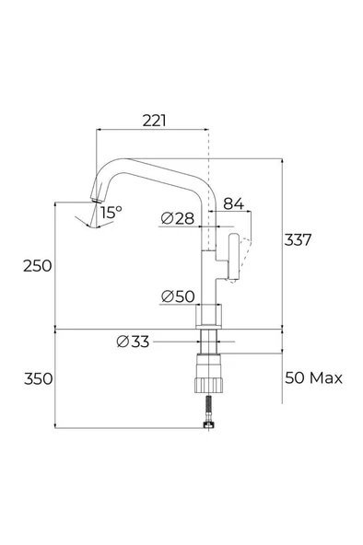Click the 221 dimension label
click(155, 121)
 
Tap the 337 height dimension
click(298, 240)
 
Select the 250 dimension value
click(38, 266)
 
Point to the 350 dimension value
click(39, 378)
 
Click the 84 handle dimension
click(234, 203)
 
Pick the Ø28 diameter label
click(178, 218)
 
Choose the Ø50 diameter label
click(178, 296)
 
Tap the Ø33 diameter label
click(133, 342)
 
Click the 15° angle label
click(111, 213)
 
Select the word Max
click(326, 377)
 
